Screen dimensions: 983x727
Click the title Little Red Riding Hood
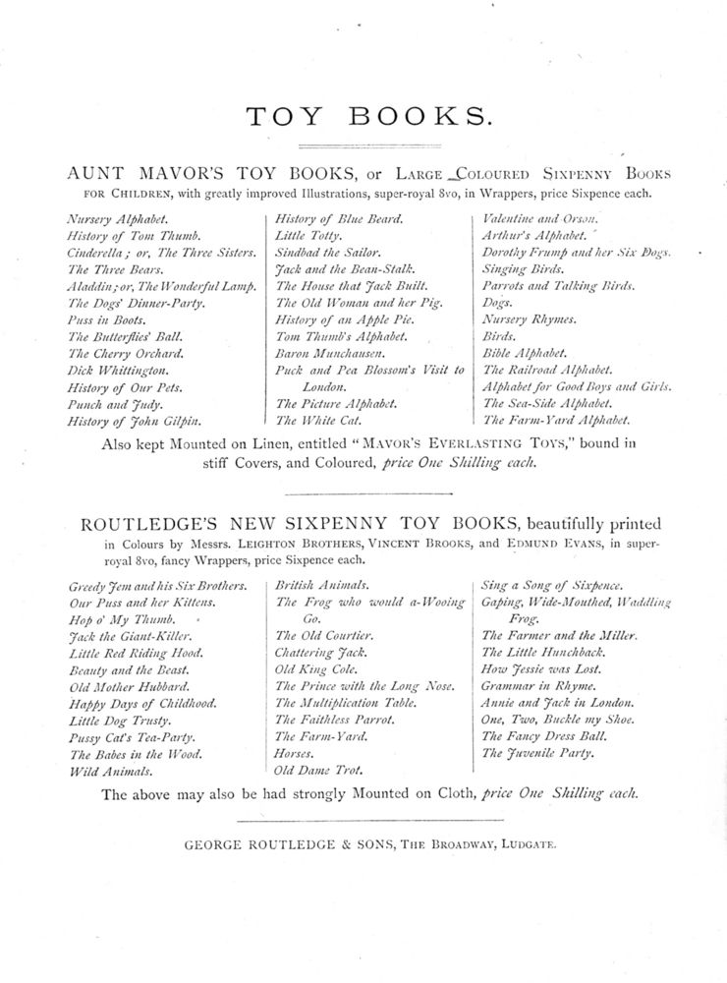137,653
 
